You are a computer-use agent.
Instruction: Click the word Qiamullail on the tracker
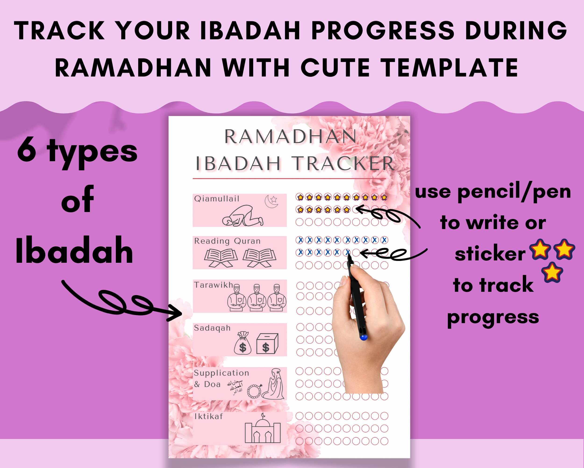217,199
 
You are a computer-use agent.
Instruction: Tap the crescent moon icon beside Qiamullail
271,201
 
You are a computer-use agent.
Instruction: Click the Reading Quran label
227,241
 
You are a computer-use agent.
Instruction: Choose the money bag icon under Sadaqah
242,343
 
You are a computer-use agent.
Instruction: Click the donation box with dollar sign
267,344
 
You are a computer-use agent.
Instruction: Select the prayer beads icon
254,391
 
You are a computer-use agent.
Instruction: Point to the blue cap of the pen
363,337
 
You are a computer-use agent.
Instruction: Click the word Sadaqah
212,328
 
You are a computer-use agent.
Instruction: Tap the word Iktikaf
209,417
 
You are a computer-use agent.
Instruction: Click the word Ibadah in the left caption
74,251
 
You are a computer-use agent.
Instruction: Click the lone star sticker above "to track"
552,272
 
